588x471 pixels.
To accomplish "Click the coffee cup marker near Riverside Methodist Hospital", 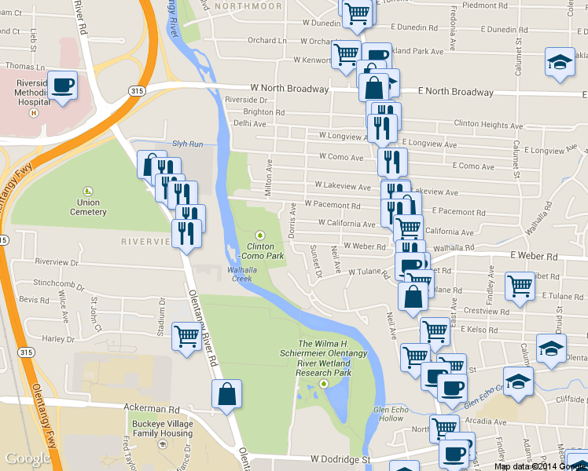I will (62, 85).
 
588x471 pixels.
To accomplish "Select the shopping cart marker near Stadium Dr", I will (186, 336).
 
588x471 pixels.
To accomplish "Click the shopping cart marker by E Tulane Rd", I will (520, 285).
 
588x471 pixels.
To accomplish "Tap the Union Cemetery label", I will (87, 207).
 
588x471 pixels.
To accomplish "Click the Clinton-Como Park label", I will (260, 251).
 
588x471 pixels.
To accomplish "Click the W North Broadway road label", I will (288, 89).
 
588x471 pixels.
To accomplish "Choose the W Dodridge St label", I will (339, 458).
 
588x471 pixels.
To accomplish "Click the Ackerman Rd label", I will (152, 409).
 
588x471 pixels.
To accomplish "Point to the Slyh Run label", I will (188, 144).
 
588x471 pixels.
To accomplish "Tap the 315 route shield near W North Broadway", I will (136, 92).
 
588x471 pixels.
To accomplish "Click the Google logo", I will (28, 458).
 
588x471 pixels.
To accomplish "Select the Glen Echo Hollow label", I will (392, 414).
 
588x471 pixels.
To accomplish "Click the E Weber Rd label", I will (533, 256).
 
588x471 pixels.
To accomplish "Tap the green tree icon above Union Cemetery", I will (87, 191).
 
